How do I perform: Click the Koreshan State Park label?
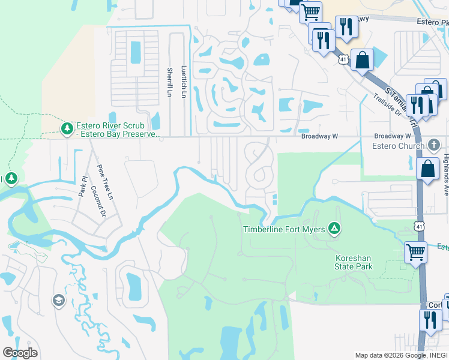354,262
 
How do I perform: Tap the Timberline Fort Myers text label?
283,229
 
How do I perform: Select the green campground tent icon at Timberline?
334,229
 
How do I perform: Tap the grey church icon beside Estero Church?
434,145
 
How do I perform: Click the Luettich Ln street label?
184,82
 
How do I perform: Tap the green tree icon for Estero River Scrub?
67,128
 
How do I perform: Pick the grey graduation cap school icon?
58,301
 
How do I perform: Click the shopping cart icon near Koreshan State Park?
415,252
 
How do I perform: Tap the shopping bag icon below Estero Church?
427,169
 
